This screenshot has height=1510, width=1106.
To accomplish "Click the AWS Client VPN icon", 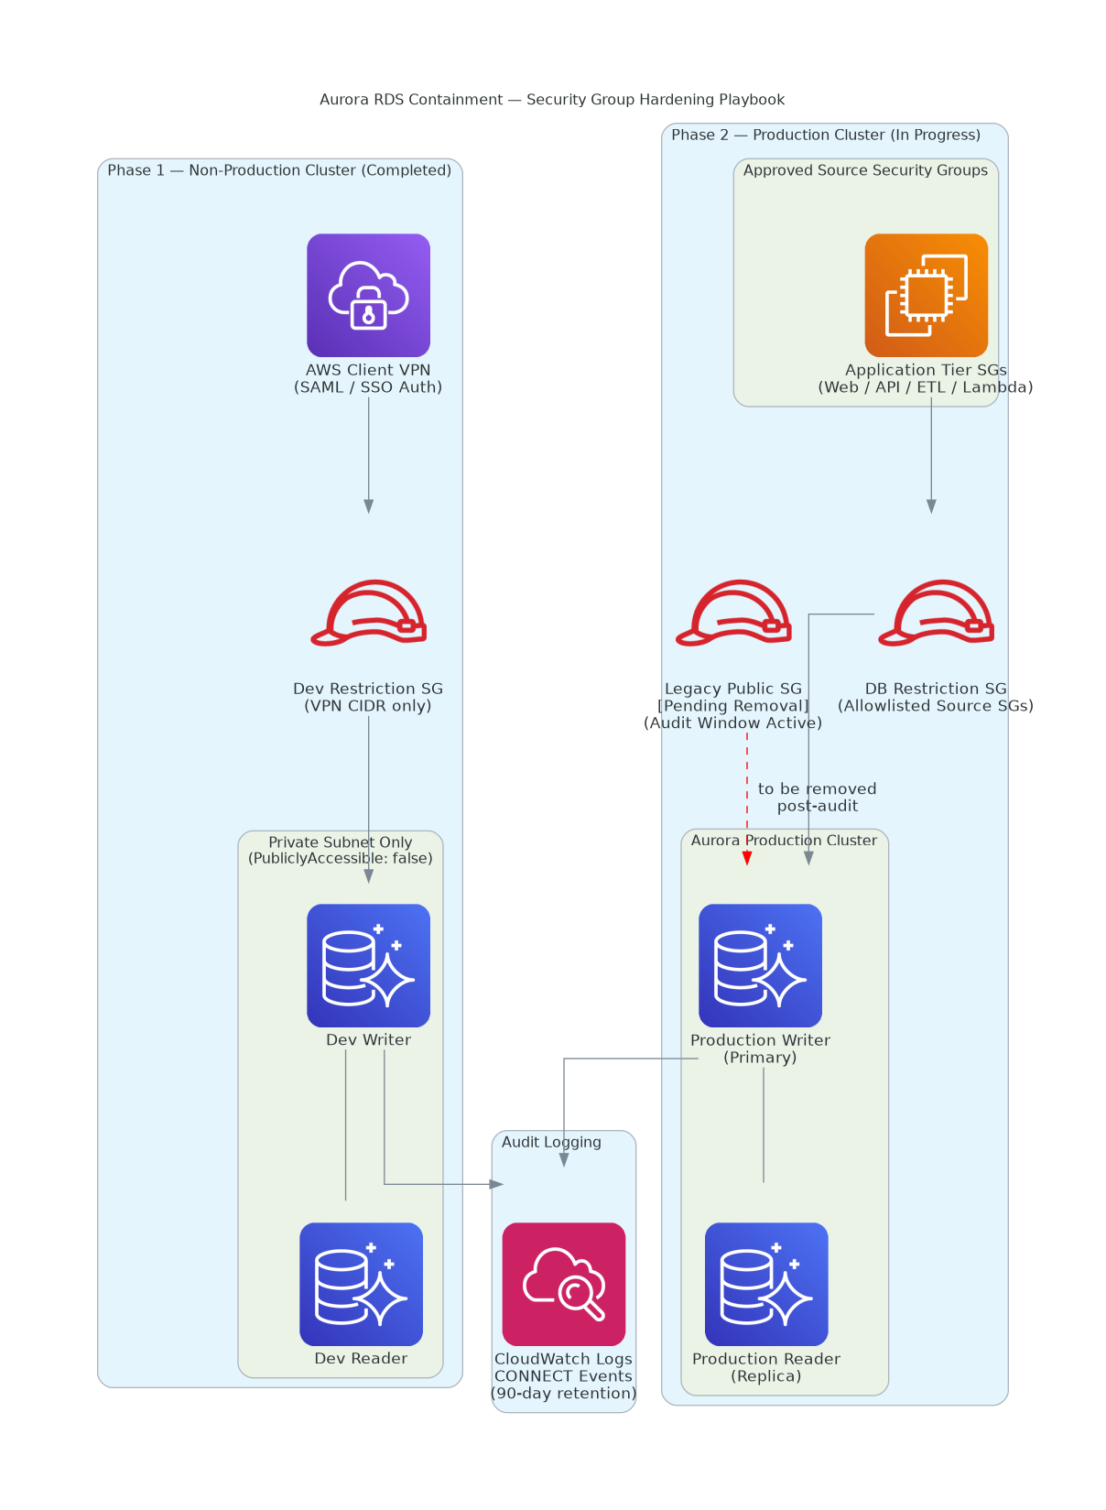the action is tap(368, 295).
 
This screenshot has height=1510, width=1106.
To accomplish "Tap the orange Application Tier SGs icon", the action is tap(926, 295).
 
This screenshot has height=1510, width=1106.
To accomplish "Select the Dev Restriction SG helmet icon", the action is tap(368, 613).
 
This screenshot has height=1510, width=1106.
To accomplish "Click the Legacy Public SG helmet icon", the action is tap(733, 613).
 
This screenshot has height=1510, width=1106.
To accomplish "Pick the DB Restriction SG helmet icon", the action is tap(936, 613).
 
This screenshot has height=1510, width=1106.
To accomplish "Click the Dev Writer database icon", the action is tap(368, 965).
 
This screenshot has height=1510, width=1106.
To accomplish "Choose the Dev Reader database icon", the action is tap(362, 1284).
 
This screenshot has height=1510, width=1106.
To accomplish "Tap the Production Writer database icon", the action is tap(760, 965).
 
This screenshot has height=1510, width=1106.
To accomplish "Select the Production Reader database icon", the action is tap(766, 1284).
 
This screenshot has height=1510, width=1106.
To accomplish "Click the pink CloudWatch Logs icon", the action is tap(563, 1284).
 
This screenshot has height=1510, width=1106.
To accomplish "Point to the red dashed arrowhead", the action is tap(747, 858).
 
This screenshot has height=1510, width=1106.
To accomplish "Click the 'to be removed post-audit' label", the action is tap(817, 797).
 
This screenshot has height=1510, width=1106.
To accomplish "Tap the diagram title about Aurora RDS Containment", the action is tap(552, 99).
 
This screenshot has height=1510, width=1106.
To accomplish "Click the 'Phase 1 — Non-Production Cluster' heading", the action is tap(279, 170).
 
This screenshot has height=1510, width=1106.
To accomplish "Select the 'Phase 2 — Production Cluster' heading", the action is tap(826, 134).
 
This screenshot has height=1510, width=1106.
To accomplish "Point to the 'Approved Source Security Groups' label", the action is tap(865, 170).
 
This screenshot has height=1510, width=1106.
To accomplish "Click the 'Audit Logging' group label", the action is tap(551, 1141).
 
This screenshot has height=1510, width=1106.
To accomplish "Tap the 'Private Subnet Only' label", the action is tap(340, 842).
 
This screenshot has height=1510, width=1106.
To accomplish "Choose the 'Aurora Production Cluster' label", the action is tap(784, 840).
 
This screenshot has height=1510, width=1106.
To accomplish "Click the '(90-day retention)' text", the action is tap(563, 1393).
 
